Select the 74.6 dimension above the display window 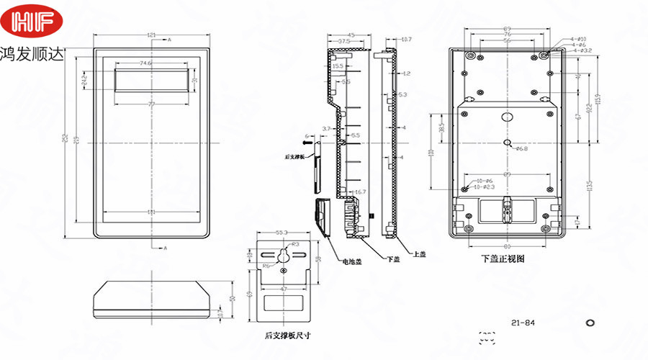pos(145,63)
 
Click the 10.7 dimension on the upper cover pos(406,39)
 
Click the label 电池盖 pos(351,261)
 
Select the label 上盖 pos(419,254)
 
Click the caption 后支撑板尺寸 pos(285,335)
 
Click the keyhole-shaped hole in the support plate pos(283,256)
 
